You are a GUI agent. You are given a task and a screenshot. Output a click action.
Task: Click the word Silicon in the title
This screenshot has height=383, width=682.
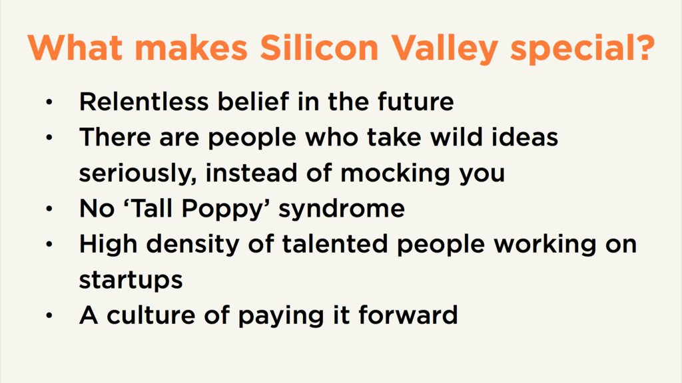319,47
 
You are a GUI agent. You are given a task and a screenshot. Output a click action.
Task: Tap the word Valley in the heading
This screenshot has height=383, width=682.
444,49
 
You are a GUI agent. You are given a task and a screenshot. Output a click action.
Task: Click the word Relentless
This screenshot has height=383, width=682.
144,102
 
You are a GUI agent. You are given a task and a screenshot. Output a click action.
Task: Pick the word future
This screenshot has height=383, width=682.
416,102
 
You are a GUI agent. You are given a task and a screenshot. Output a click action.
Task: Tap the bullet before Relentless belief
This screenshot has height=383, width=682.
49,102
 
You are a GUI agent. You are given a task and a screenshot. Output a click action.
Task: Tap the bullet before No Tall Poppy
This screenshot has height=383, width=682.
49,209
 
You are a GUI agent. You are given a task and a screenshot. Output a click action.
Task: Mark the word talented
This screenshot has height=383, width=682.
335,244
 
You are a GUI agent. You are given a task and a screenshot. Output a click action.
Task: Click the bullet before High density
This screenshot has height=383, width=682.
49,245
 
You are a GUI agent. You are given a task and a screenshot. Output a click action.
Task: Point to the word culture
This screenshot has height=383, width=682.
151,315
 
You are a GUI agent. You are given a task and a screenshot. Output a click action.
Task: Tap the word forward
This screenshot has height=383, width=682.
408,315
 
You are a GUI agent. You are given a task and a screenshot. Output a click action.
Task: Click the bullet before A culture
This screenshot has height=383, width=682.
49,316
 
